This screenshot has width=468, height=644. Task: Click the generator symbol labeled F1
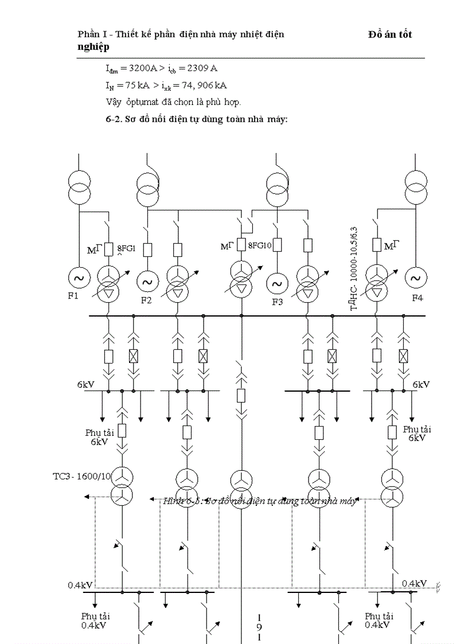pos(77,278)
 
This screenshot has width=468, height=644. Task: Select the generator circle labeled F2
pos(147,282)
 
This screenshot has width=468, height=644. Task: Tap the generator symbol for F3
pos(277,283)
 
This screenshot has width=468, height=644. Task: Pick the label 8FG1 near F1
pos(126,249)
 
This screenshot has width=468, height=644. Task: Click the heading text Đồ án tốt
pos(390,35)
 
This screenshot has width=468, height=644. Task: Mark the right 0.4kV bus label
pos(414,583)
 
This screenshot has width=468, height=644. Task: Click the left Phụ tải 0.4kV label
pos(93,620)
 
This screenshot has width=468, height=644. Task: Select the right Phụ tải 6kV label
pos(417,433)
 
